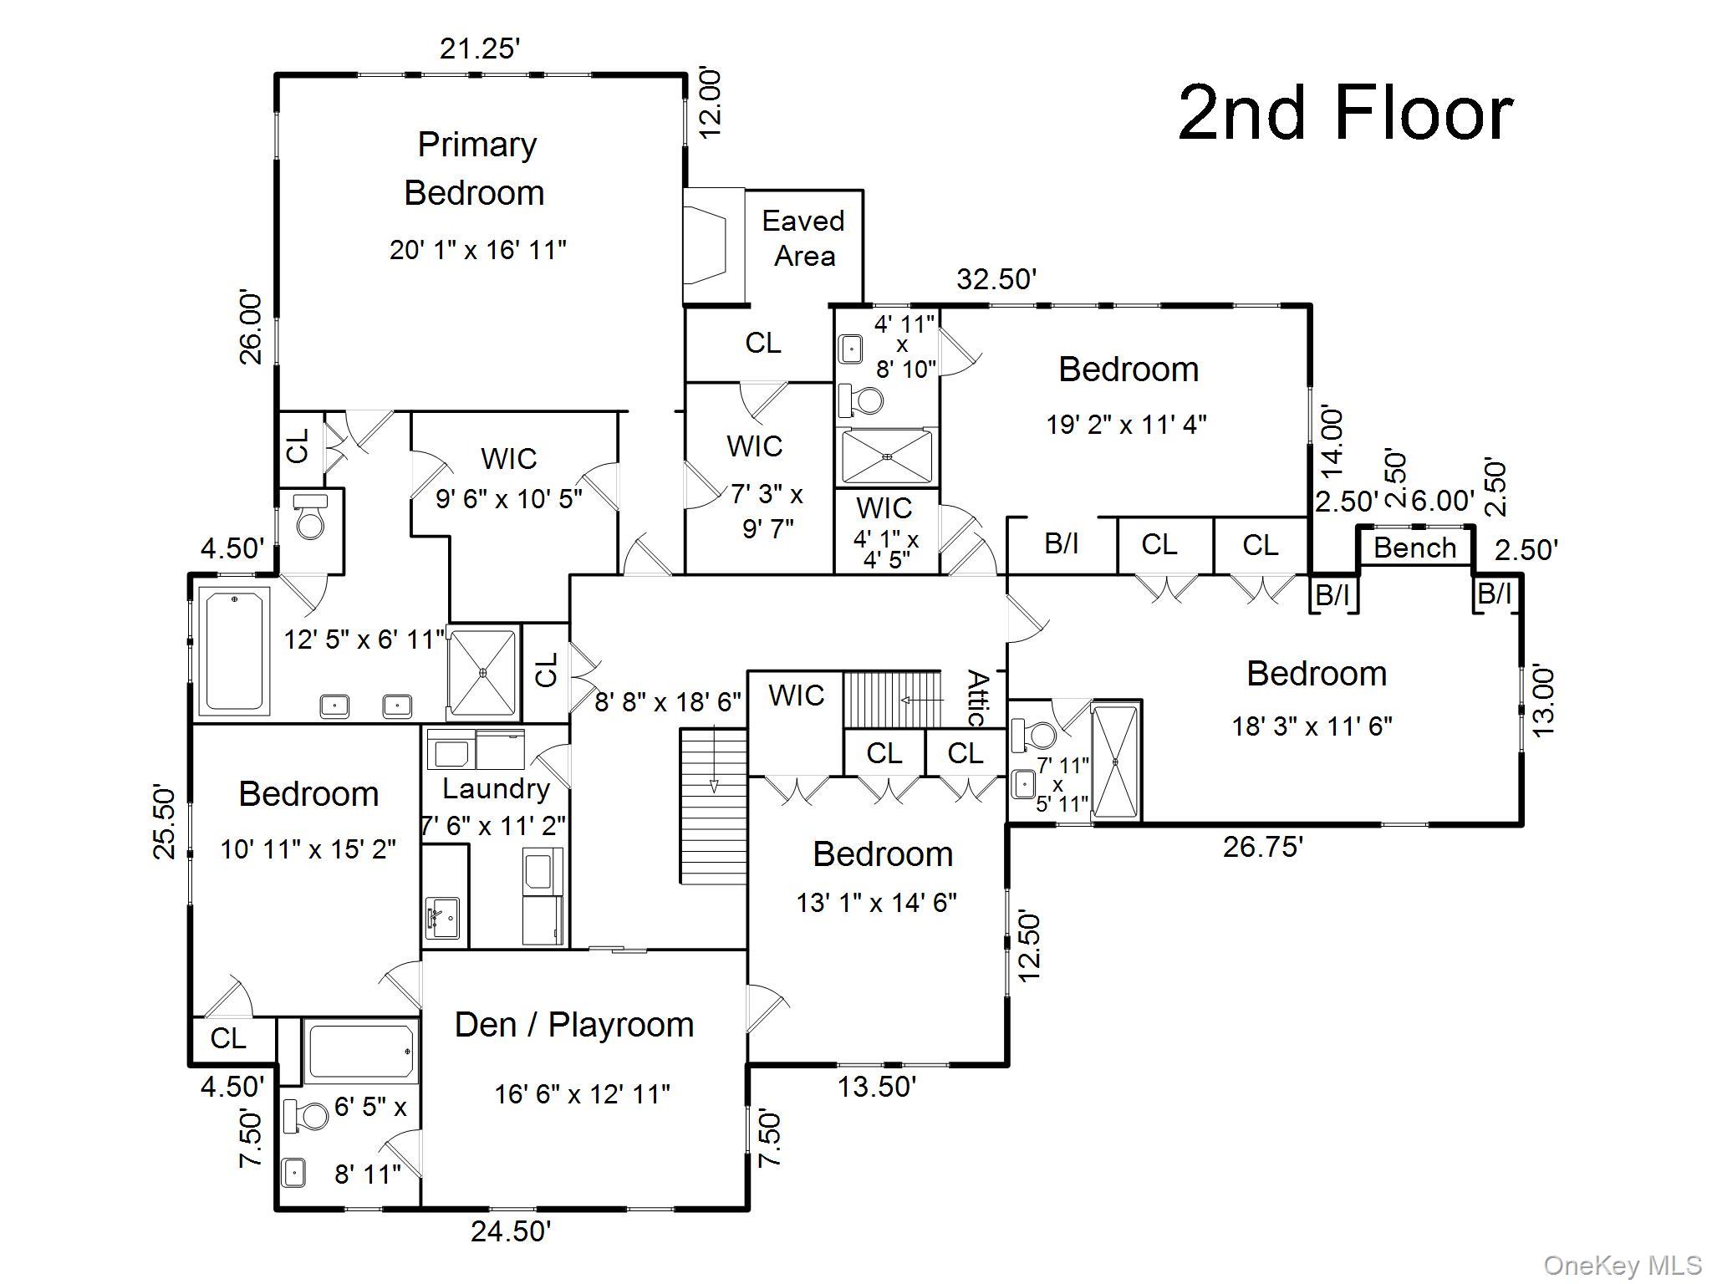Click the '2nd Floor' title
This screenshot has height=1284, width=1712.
tap(1345, 114)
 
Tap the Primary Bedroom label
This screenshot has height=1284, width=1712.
tap(476, 168)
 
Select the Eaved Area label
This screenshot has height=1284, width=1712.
tap(803, 238)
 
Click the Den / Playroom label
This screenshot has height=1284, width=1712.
tap(574, 1025)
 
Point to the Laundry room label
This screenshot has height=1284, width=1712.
tap(496, 789)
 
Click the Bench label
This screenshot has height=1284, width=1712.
tap(1414, 548)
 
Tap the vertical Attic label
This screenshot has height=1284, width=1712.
tap(977, 698)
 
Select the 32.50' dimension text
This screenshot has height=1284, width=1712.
tap(996, 279)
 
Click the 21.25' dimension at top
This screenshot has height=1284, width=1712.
tap(480, 49)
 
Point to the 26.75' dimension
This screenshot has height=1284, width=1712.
tap(1263, 847)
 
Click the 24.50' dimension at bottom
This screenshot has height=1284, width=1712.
tap(511, 1231)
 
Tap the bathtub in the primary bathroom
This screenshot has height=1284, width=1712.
tap(234, 650)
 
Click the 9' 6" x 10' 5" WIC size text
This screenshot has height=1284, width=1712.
tap(509, 499)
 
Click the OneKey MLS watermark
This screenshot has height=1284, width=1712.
tap(1622, 1266)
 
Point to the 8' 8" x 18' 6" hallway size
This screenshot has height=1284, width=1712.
tap(668, 702)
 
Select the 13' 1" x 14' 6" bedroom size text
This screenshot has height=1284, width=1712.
tap(876, 903)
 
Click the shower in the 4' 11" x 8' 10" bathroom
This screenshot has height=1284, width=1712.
tap(886, 456)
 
